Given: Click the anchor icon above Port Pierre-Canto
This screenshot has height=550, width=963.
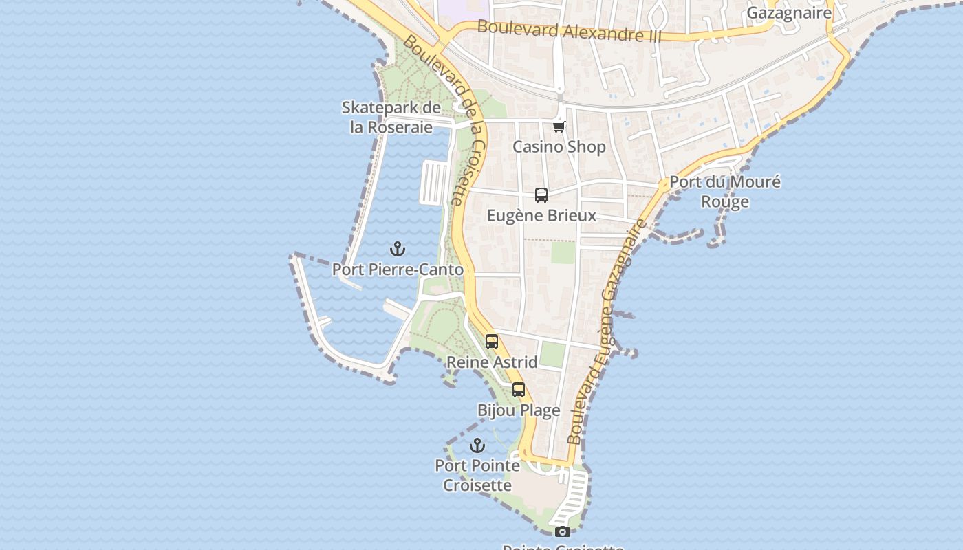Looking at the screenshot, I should [x=397, y=249].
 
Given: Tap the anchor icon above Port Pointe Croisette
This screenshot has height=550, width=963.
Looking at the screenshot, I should [x=477, y=445].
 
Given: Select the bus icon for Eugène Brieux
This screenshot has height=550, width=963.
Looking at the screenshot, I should [x=541, y=195].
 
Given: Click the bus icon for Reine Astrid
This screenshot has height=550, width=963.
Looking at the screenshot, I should [x=492, y=342].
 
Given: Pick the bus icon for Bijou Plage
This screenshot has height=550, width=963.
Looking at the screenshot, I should [x=519, y=390].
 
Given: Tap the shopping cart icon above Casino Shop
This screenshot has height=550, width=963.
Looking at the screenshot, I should [x=559, y=126].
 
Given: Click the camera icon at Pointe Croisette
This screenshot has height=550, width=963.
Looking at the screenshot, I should [x=563, y=531].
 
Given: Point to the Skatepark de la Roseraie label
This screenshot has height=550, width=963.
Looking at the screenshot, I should [x=391, y=118].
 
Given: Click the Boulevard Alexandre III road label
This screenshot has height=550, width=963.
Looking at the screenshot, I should [x=569, y=31].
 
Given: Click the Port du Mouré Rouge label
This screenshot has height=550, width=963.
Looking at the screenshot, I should [x=725, y=192].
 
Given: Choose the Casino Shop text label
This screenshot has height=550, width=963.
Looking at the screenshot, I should [x=559, y=146].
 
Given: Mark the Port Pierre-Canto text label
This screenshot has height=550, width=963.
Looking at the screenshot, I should [x=398, y=269].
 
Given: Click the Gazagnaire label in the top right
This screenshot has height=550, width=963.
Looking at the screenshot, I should [x=789, y=12].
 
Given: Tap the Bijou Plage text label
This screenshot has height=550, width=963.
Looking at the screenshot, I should [x=519, y=410].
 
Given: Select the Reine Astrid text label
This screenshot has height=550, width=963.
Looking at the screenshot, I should [x=492, y=362].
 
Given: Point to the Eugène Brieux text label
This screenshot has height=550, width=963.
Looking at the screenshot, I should [x=541, y=216].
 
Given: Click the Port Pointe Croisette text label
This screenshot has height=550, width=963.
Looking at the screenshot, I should [x=477, y=475].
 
